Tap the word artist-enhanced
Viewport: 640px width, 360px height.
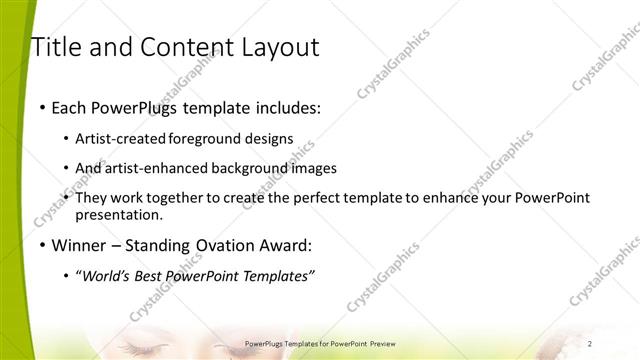tap(165, 168)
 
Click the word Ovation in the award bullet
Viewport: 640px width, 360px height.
tap(222, 245)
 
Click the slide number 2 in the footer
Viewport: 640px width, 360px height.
tap(618, 343)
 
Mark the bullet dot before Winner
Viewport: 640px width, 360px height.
tap(42, 246)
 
